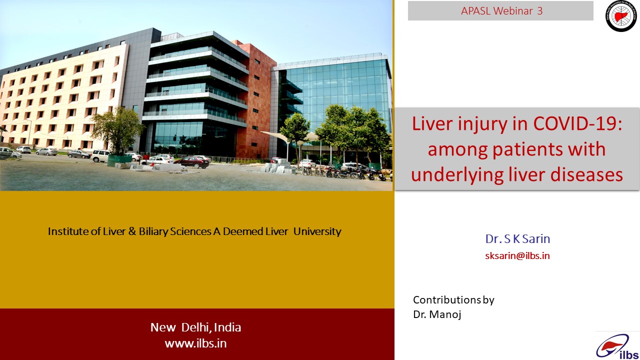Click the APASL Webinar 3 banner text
[501, 11]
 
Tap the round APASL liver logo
[621, 16]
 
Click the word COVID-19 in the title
[577, 123]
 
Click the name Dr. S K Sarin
[517, 239]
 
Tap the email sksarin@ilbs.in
[517, 255]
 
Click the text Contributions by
[453, 300]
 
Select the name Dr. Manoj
[437, 314]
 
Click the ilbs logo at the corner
[617, 346]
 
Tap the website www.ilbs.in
[195, 343]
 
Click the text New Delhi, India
[195, 327]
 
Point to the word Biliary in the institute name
[153, 231]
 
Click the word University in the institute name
[317, 231]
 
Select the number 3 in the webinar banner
[539, 11]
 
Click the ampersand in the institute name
[132, 231]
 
